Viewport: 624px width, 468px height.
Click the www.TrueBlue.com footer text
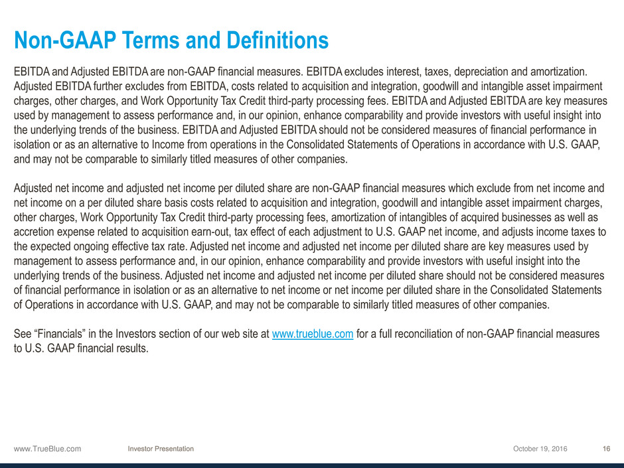[x=47, y=449]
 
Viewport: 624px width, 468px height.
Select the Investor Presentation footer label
[x=161, y=449]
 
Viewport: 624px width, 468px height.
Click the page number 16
[x=606, y=449]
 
